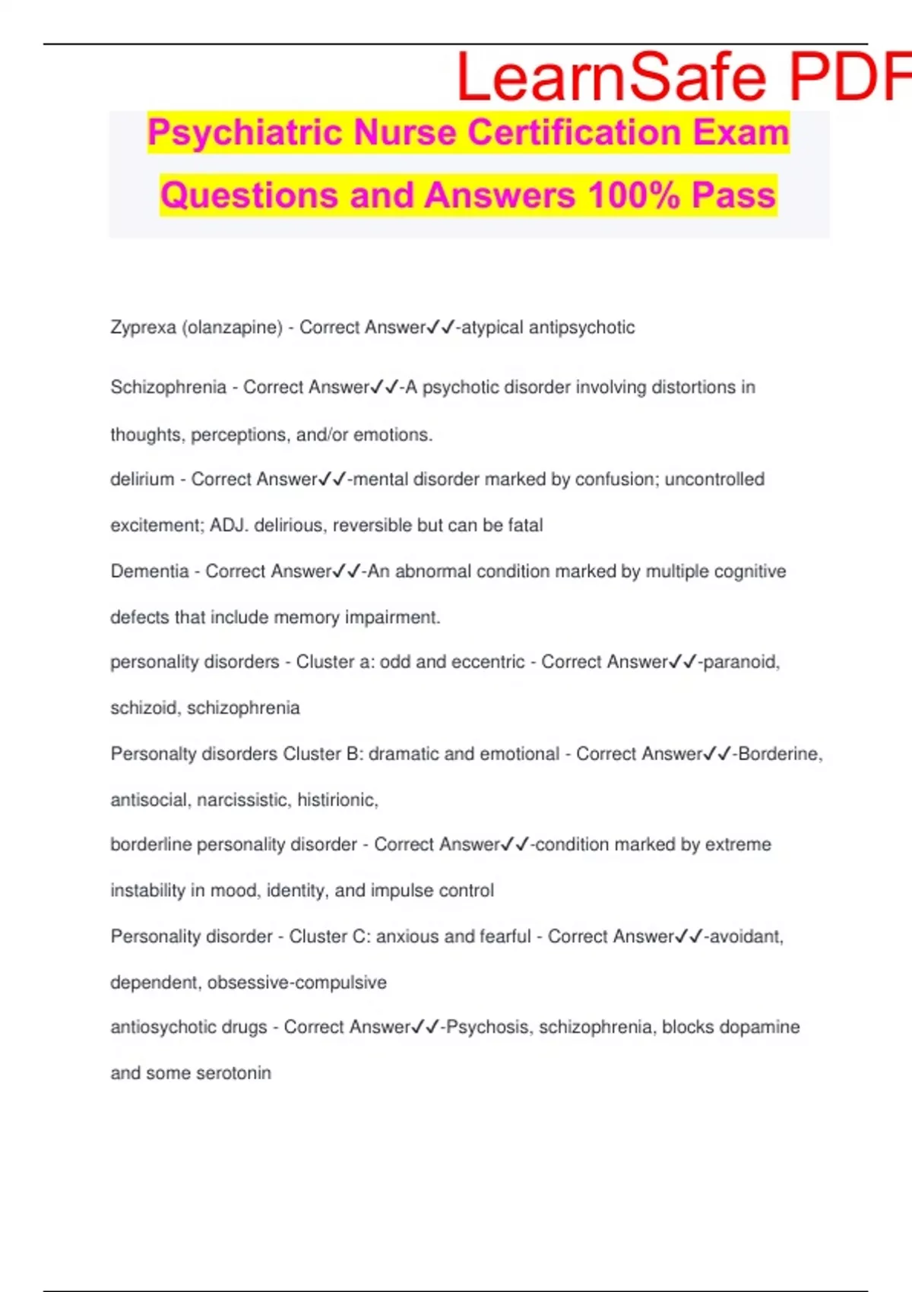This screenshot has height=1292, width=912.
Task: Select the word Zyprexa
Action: pyautogui.click(x=143, y=328)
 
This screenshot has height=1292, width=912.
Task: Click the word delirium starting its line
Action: pyautogui.click(x=142, y=480)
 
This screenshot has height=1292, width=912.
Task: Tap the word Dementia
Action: pyautogui.click(x=150, y=572)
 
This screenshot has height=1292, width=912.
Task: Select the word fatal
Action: pyautogui.click(x=525, y=525)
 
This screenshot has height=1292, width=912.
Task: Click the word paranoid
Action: pyautogui.click(x=740, y=662)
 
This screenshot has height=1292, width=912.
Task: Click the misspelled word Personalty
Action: pyautogui.click(x=150, y=754)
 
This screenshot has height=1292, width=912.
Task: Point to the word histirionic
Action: pyautogui.click(x=337, y=800)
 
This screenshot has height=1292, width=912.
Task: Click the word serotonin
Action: pyautogui.click(x=233, y=1073)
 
